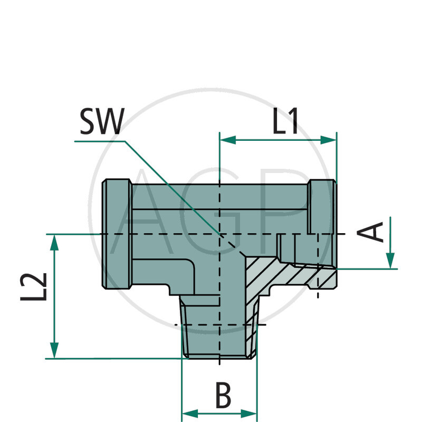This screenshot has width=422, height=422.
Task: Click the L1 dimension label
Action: click(x=285, y=121)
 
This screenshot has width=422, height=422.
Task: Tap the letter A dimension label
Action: click(x=375, y=233)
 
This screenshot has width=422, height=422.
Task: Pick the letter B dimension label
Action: click(x=223, y=396)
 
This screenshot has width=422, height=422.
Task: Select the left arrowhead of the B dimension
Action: click(x=188, y=413)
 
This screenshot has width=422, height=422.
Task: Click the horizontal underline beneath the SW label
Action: click(x=100, y=141)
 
